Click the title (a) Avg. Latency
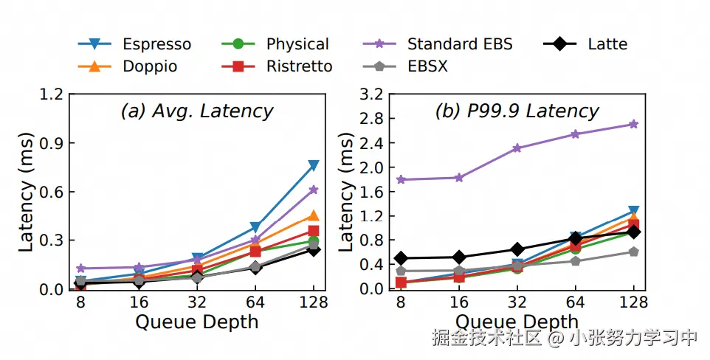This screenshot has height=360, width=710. tap(196, 111)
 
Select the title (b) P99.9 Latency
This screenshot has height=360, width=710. tap(517, 111)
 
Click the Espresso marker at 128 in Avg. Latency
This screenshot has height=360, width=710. tap(314, 165)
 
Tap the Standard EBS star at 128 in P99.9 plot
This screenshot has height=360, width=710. tap(633, 124)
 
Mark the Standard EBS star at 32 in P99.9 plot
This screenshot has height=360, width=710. tap(517, 148)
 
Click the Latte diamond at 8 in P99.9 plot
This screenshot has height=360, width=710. tap(400, 258)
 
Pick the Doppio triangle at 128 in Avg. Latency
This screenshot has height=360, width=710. tap(314, 215)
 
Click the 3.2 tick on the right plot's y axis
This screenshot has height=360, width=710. tap(371, 94)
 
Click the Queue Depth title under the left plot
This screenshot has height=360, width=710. tap(196, 322)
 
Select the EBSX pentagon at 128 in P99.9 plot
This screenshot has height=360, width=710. tap(633, 252)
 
